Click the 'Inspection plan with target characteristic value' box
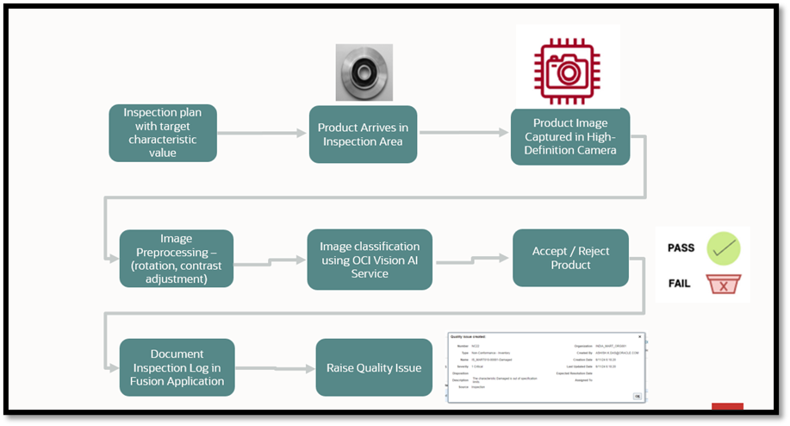pos(162,133)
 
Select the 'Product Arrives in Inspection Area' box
pos(363,135)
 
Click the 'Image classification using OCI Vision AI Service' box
pos(370,260)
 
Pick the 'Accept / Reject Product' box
pos(569,258)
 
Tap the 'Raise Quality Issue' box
pos(374,367)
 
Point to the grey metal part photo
pos(364,72)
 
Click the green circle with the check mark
pos(724,248)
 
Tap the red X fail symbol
pos(724,284)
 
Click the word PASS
pos(681,248)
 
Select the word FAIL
pos(679,283)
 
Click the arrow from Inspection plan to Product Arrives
pos(262,134)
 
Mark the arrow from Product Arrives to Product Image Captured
pos(463,134)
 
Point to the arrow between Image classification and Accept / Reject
pos(472,258)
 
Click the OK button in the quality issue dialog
pos(637,396)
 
